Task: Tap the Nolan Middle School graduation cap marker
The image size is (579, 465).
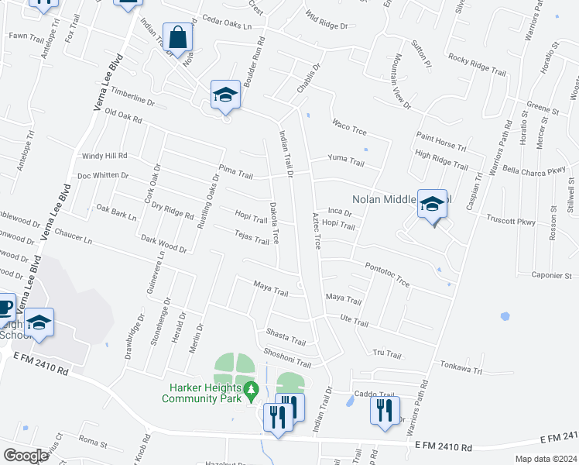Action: [x=433, y=205]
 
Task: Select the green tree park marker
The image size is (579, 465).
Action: [x=250, y=391]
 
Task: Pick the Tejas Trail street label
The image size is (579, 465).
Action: [x=252, y=237]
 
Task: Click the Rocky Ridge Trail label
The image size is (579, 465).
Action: [x=477, y=61]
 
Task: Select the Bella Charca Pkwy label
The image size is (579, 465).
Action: [x=533, y=170]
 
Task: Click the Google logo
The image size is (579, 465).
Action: [x=26, y=455]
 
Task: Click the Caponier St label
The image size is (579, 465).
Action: [x=551, y=275]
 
